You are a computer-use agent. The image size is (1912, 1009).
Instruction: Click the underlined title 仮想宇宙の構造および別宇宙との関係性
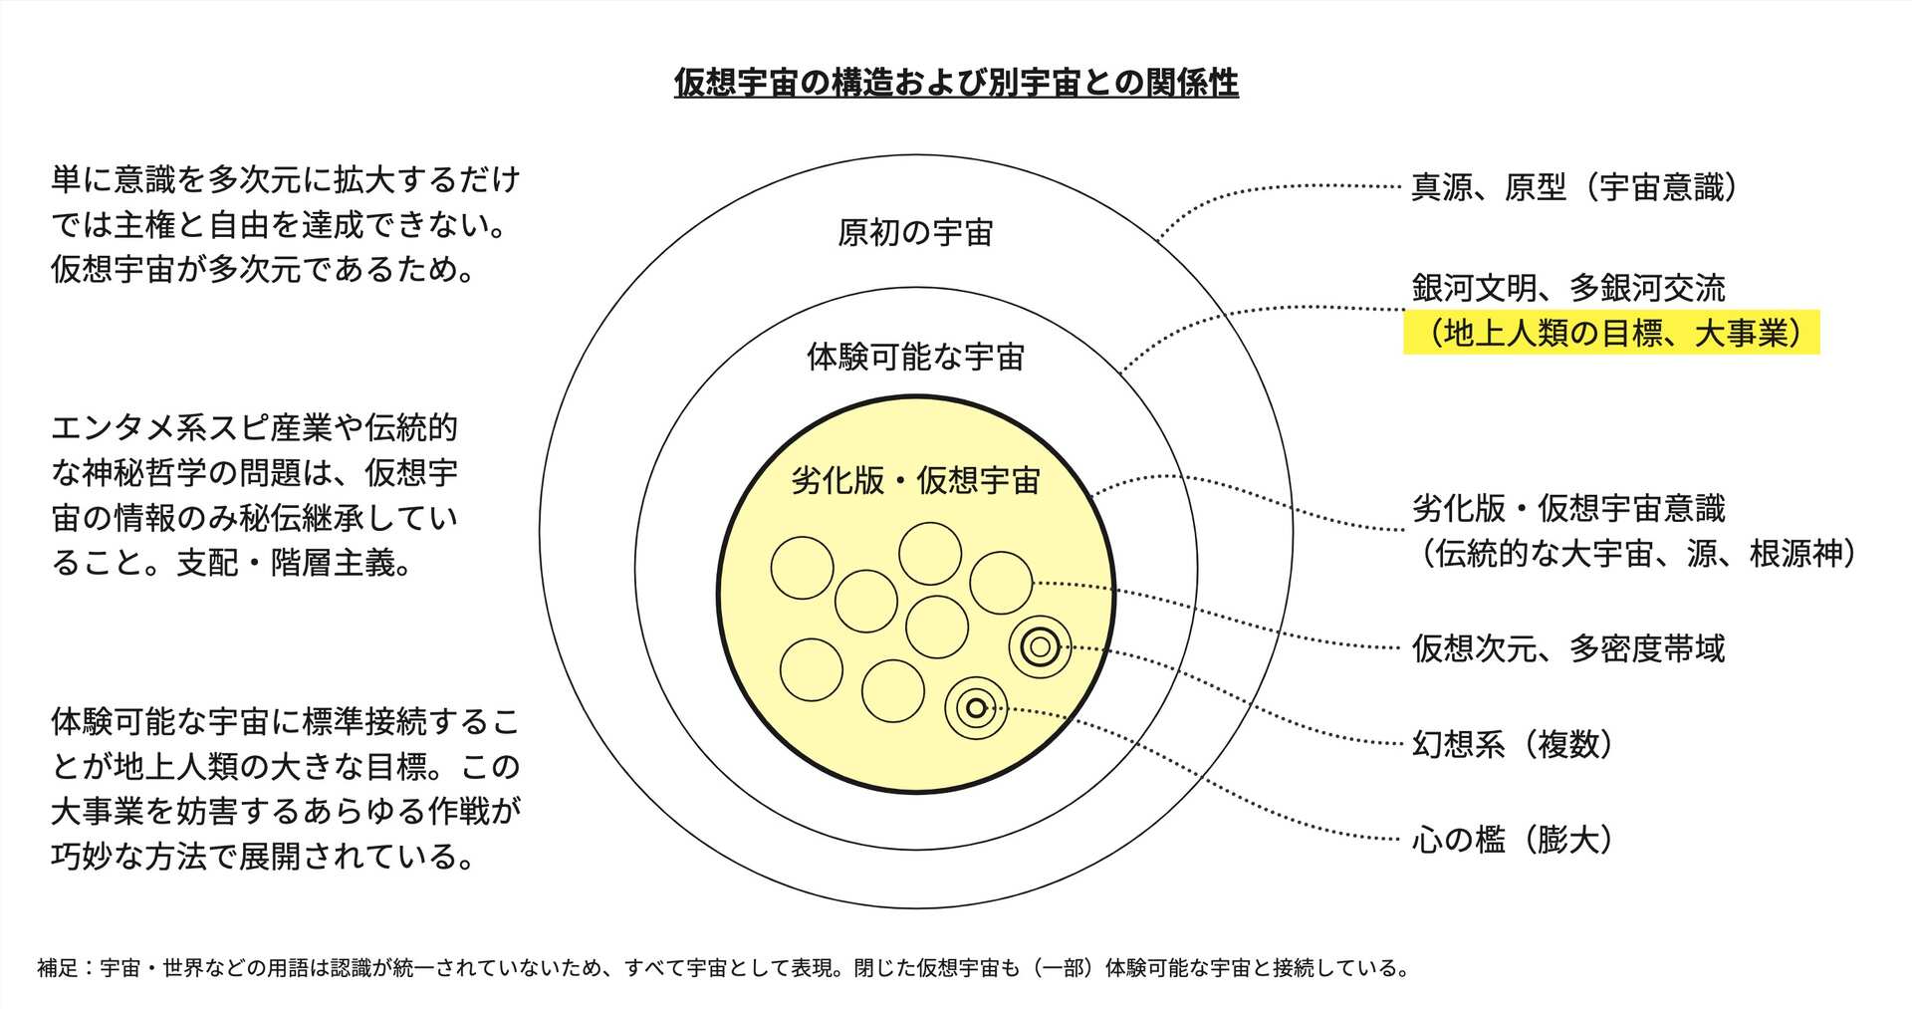[x=956, y=82]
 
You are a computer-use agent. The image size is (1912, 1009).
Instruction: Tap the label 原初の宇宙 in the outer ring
[x=915, y=233]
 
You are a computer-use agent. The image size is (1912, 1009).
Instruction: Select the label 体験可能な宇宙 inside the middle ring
[x=915, y=357]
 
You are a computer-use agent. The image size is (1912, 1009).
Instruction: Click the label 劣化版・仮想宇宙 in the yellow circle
[x=915, y=480]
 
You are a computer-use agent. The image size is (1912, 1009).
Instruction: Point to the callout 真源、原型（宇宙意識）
[x=1573, y=187]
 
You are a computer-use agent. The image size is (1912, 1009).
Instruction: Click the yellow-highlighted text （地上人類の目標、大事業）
[x=1611, y=333]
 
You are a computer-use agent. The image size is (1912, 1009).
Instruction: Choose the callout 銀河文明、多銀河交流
[x=1568, y=288]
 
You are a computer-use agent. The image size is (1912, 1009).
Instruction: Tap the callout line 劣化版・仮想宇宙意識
[x=1568, y=508]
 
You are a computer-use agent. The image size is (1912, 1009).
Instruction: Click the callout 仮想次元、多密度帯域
[x=1568, y=648]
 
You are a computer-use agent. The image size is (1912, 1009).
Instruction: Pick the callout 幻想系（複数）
[x=1512, y=744]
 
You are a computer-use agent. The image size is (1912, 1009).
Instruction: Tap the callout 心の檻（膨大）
[x=1512, y=840]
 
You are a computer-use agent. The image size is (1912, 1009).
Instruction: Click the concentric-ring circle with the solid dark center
[x=976, y=708]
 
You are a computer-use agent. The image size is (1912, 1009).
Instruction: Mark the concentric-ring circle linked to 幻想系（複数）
[x=1040, y=647]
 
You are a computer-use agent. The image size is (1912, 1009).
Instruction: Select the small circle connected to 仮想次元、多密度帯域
[x=1001, y=583]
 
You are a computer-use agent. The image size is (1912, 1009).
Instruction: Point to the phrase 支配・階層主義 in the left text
[x=294, y=563]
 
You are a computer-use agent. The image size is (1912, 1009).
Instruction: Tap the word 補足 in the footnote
[x=57, y=968]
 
